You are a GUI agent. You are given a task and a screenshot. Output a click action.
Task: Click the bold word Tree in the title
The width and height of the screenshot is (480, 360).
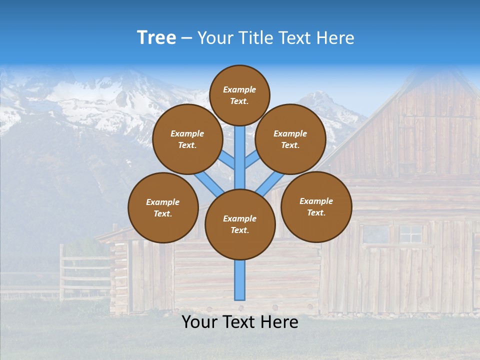point(156,37)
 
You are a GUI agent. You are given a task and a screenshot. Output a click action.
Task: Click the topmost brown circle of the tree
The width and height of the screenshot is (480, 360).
point(239,95)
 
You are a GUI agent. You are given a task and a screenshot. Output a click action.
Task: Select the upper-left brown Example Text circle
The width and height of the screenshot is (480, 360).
point(187,139)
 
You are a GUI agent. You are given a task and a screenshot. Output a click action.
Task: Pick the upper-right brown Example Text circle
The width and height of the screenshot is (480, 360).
point(290,139)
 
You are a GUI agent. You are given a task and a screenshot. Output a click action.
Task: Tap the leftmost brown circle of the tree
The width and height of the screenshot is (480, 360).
point(163,207)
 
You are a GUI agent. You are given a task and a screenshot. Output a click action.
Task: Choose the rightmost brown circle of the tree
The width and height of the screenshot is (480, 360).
point(316,206)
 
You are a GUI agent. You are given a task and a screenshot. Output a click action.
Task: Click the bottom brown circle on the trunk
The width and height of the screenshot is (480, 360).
point(240,224)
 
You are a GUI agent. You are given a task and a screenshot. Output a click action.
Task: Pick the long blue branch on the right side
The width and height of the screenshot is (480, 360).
point(270,184)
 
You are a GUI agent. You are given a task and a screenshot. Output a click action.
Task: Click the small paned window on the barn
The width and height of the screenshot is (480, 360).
point(411,234)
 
